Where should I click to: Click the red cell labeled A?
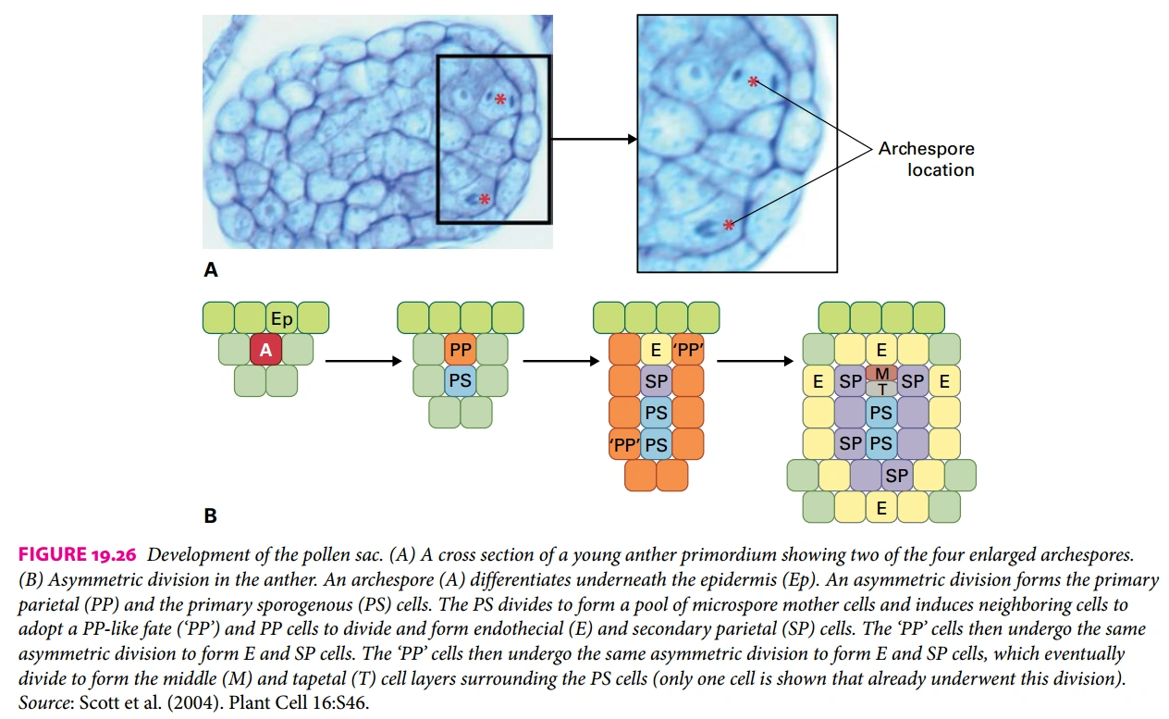tap(265, 350)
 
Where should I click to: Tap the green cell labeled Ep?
tap(281, 318)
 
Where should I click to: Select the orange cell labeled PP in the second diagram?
tap(460, 350)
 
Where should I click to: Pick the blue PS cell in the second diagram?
tap(460, 380)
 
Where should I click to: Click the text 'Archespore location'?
tap(926, 159)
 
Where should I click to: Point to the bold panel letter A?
tap(211, 270)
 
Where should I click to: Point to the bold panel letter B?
tap(211, 515)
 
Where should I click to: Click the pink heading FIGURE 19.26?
tap(78, 555)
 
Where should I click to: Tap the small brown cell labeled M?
tap(881, 372)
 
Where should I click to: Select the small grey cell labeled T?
tap(881, 389)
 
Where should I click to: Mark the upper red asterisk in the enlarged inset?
tap(754, 82)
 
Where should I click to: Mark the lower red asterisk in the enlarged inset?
tap(729, 225)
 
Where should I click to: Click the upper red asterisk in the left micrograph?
tap(500, 99)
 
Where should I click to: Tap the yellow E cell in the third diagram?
tap(656, 350)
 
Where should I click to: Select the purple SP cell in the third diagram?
tap(656, 380)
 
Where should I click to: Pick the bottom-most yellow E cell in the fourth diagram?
tap(881, 506)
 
